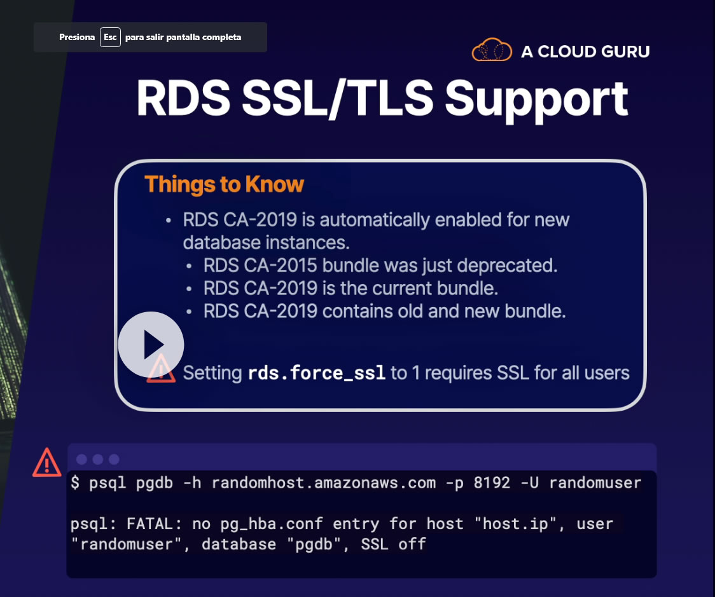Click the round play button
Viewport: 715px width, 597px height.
click(151, 345)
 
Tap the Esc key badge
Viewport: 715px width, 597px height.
click(110, 37)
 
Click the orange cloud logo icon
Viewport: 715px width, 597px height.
click(492, 50)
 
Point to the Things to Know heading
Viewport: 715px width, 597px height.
click(224, 184)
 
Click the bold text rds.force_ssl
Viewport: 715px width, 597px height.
click(317, 373)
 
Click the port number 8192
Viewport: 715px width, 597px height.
click(492, 483)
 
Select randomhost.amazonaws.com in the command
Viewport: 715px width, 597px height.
click(324, 483)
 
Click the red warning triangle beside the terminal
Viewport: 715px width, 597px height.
click(47, 462)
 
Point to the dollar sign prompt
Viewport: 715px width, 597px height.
click(75, 483)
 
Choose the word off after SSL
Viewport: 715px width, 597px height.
click(412, 544)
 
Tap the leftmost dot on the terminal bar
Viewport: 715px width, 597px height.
click(81, 459)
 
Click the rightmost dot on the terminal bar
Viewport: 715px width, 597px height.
click(114, 459)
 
